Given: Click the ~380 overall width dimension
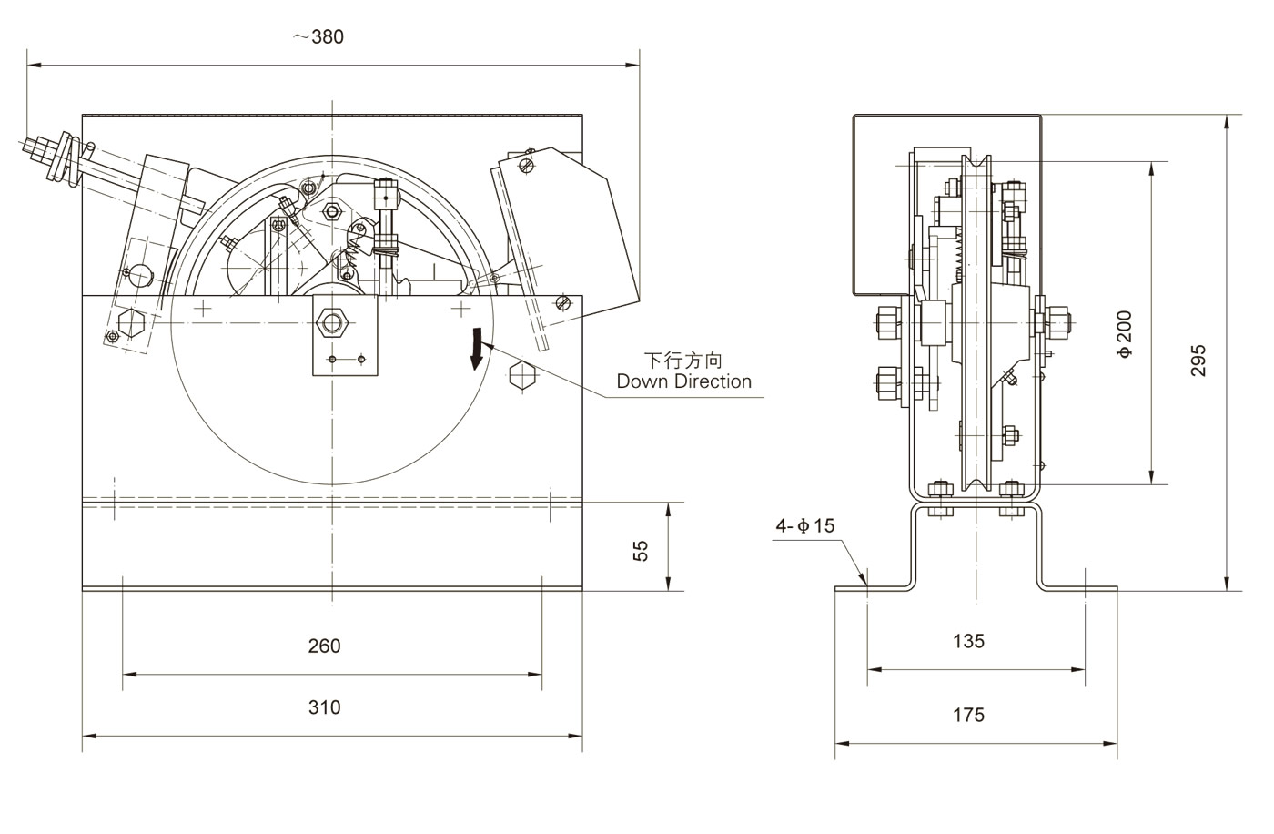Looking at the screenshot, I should point(318,37).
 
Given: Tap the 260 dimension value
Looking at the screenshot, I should point(324,646).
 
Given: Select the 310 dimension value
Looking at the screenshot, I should point(324,707).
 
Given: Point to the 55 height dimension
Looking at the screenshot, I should point(642,550).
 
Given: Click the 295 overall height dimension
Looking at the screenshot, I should point(1198,361).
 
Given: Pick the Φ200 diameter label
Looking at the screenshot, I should point(1126,334).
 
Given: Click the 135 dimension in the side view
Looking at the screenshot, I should point(968,641).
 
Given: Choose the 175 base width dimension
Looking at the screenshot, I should point(968,715).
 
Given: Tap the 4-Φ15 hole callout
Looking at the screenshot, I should point(804,525).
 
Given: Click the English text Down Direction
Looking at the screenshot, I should point(684,381).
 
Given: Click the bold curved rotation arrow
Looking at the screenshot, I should point(475,351).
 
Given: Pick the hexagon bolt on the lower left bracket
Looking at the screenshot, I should point(129,321).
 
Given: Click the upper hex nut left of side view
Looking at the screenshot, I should point(886,321).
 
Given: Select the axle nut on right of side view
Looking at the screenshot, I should point(1056,320).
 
